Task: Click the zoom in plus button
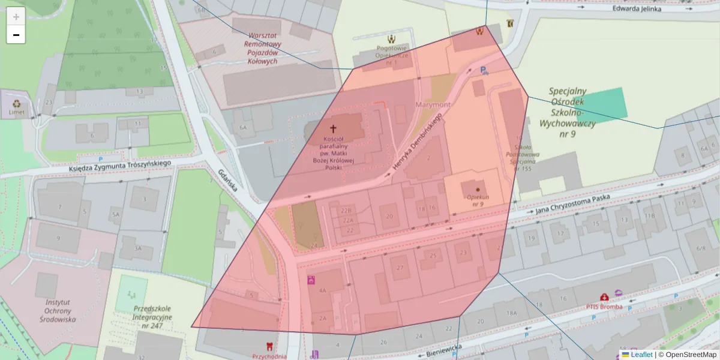(x=16, y=17)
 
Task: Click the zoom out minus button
(x=16, y=35)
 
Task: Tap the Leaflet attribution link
(x=641, y=355)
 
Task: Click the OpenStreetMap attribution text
(x=691, y=355)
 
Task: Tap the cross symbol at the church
(x=334, y=128)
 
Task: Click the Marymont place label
(x=434, y=105)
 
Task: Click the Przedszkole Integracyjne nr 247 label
(x=153, y=316)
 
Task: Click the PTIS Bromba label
(x=604, y=307)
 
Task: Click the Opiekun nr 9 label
(x=477, y=200)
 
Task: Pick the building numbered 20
(x=389, y=217)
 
